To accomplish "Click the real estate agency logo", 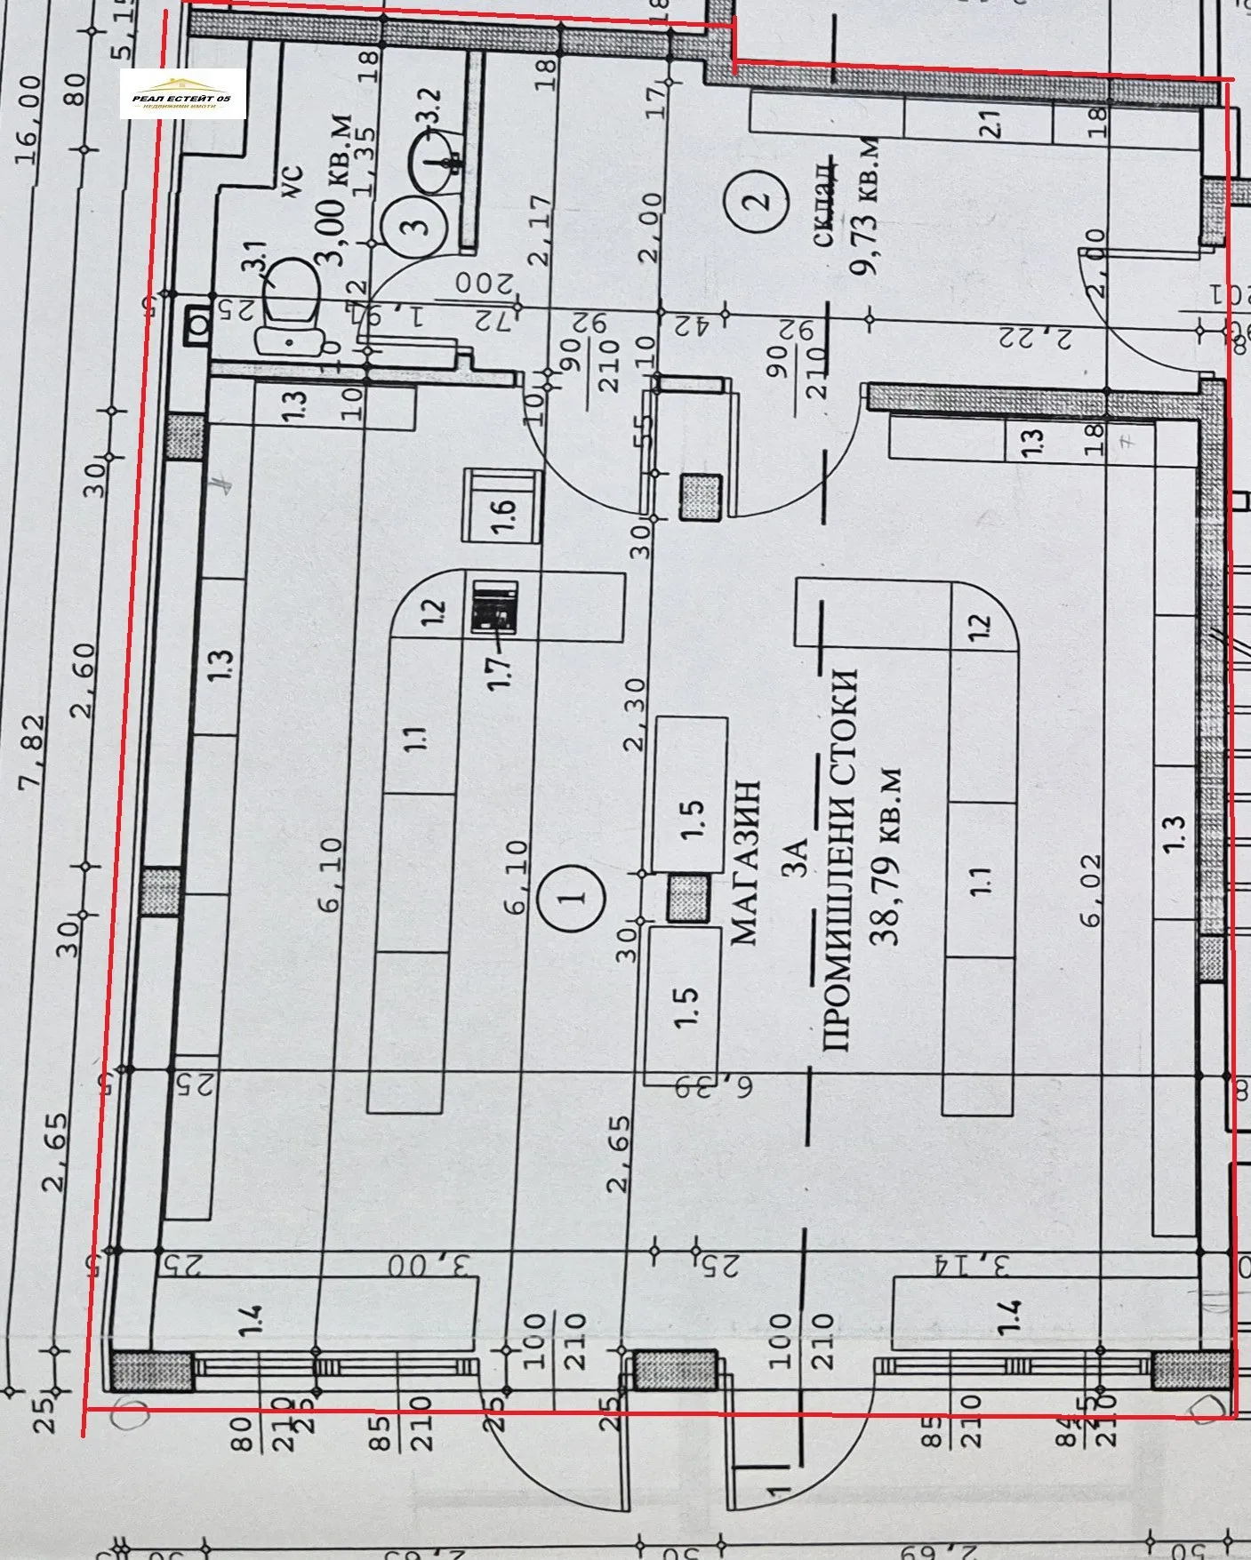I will click(183, 94).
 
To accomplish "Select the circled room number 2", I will click(760, 200).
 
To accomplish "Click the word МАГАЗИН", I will click(745, 862).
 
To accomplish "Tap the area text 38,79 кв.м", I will click(889, 855).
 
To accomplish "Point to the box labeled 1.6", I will click(503, 507).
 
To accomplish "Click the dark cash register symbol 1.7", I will click(495, 606).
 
